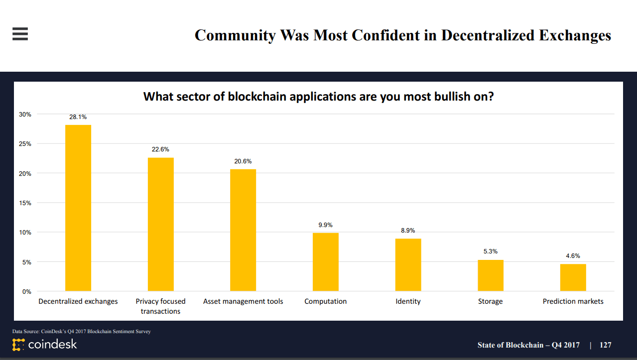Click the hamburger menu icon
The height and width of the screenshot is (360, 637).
20,34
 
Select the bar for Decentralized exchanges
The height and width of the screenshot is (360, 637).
78,208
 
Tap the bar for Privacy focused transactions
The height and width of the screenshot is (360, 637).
160,224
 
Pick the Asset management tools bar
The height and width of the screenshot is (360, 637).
243,230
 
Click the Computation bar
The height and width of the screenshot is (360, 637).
326,262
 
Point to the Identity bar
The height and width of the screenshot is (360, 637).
408,265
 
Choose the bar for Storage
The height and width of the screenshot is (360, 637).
491,275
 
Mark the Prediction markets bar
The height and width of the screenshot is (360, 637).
573,277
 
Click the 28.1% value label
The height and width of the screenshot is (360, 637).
78,117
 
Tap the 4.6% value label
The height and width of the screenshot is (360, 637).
573,256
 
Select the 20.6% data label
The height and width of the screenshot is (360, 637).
243,161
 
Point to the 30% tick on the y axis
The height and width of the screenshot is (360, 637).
25,115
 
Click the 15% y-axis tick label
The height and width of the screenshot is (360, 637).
25,203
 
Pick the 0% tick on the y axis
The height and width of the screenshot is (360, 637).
26,292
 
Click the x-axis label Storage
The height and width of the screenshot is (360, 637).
491,301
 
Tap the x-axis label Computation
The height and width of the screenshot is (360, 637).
326,301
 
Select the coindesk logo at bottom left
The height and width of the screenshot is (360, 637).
45,344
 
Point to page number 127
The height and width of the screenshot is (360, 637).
605,345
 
